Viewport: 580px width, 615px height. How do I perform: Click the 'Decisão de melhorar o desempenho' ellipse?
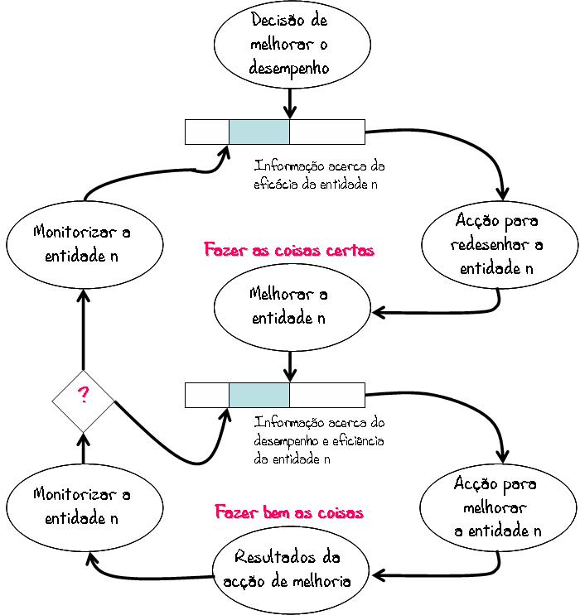(292, 45)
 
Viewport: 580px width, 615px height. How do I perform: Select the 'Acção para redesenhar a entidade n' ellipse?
(500, 245)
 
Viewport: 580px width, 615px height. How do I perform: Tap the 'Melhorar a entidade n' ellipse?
(292, 307)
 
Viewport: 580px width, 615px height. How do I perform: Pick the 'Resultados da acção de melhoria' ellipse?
(291, 570)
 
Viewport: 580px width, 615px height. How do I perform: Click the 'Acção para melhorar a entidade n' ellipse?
(498, 508)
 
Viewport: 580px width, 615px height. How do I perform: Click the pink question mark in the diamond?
(83, 395)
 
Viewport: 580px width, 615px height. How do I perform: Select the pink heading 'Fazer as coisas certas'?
(289, 250)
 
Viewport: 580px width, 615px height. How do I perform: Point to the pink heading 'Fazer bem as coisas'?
(289, 512)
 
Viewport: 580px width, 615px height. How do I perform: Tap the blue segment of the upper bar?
(259, 132)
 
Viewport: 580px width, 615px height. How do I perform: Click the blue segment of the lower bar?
(259, 396)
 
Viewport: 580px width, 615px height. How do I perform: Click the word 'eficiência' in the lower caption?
(358, 440)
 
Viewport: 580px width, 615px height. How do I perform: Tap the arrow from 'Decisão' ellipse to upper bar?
(290, 103)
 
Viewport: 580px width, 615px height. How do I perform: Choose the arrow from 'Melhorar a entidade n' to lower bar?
(290, 367)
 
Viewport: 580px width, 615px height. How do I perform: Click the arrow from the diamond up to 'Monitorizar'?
(83, 329)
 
